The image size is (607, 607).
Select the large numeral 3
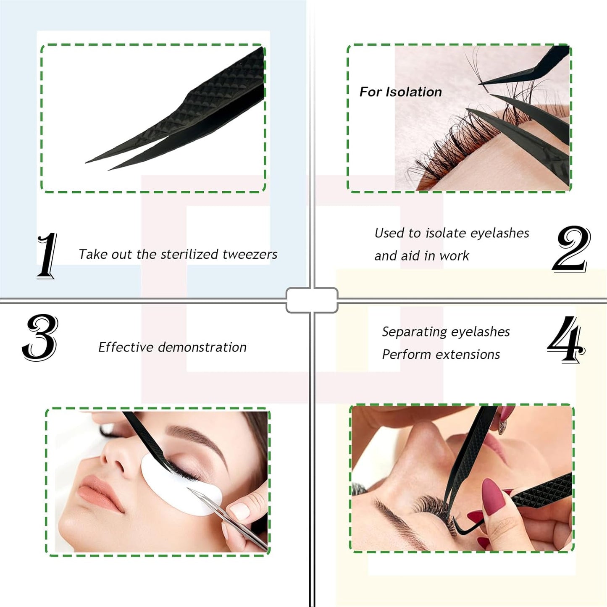[x=40, y=337]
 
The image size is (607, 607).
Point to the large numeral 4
[x=566, y=339]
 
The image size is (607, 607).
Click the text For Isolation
[x=400, y=92]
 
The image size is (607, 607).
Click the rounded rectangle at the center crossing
[x=312, y=300]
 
